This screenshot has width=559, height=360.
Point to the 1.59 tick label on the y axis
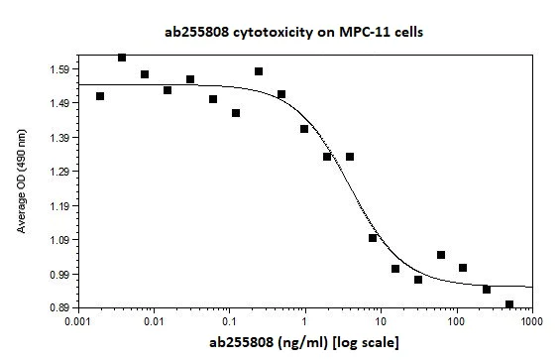(x=58, y=69)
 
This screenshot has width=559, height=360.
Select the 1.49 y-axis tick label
(x=58, y=103)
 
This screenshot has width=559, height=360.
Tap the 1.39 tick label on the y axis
(x=58, y=138)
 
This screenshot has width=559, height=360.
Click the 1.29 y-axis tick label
(x=58, y=172)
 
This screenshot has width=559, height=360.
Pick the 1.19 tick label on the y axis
(x=58, y=206)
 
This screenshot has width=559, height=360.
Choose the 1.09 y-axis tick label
(x=58, y=240)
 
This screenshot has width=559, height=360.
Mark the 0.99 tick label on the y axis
(x=58, y=275)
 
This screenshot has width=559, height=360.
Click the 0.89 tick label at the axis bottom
(x=58, y=308)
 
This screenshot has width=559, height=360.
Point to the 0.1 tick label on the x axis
(x=229, y=323)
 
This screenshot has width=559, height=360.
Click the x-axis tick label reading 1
(x=305, y=323)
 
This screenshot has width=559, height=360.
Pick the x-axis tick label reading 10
(x=381, y=323)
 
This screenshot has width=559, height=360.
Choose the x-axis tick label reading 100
(x=456, y=323)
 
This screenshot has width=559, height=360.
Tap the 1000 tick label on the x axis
(x=531, y=323)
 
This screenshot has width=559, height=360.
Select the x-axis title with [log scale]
(x=302, y=343)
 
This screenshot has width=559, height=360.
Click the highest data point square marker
(x=122, y=58)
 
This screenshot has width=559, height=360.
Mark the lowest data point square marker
(x=509, y=304)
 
